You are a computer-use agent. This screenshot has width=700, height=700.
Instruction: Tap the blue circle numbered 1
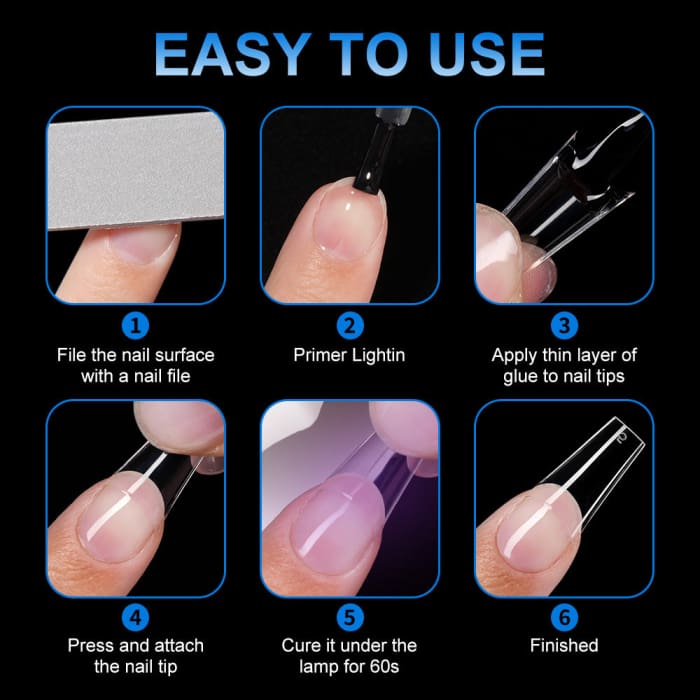[x=135, y=325]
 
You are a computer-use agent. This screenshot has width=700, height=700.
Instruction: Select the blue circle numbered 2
[x=349, y=325]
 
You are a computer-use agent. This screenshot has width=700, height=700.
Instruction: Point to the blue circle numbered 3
[x=563, y=325]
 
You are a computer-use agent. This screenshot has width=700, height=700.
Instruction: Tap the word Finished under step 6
[x=564, y=646]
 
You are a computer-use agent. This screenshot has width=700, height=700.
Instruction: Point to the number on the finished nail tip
[x=621, y=437]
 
